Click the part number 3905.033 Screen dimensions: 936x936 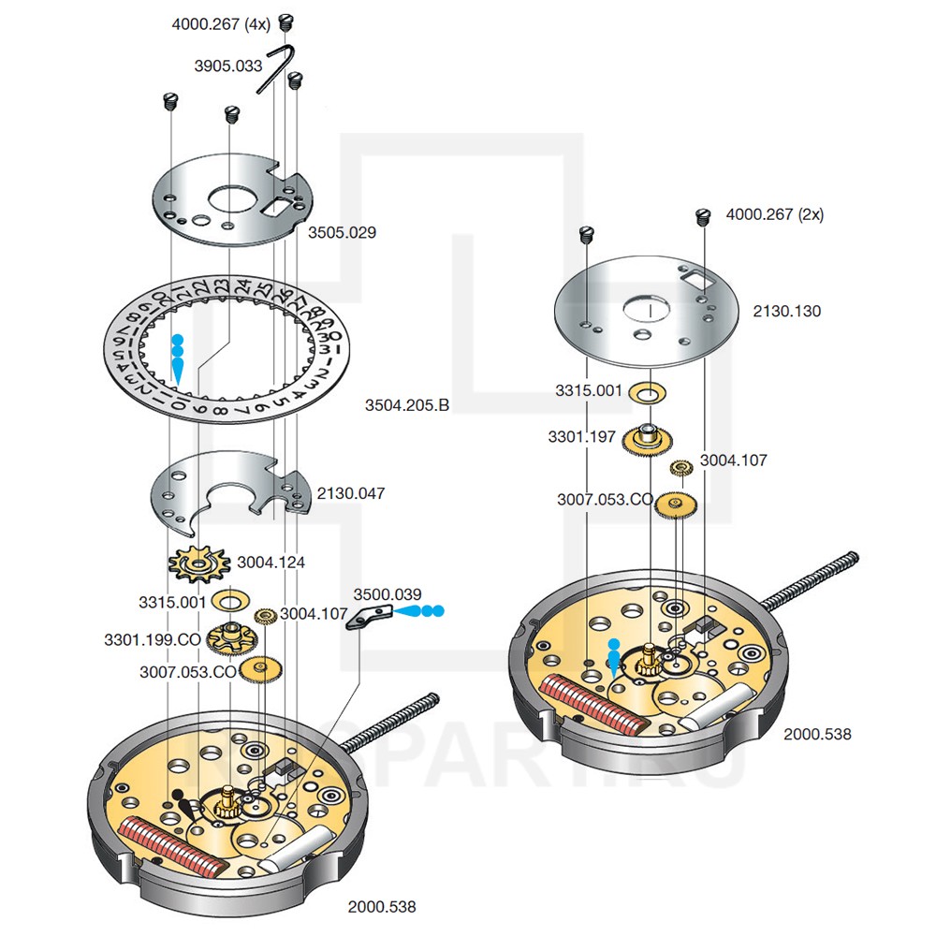[228, 66]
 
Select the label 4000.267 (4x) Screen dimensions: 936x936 [221, 25]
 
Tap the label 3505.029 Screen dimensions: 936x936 [342, 232]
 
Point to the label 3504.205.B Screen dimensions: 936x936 [407, 405]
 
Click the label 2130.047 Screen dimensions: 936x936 [351, 493]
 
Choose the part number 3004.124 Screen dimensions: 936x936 [271, 563]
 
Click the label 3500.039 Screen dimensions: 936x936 [387, 594]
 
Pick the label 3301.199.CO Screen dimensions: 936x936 [153, 639]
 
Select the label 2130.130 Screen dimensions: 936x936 [787, 311]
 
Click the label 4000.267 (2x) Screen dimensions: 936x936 [775, 214]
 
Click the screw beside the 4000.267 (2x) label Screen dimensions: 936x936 [705, 216]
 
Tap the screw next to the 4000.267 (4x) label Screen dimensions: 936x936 [286, 22]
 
